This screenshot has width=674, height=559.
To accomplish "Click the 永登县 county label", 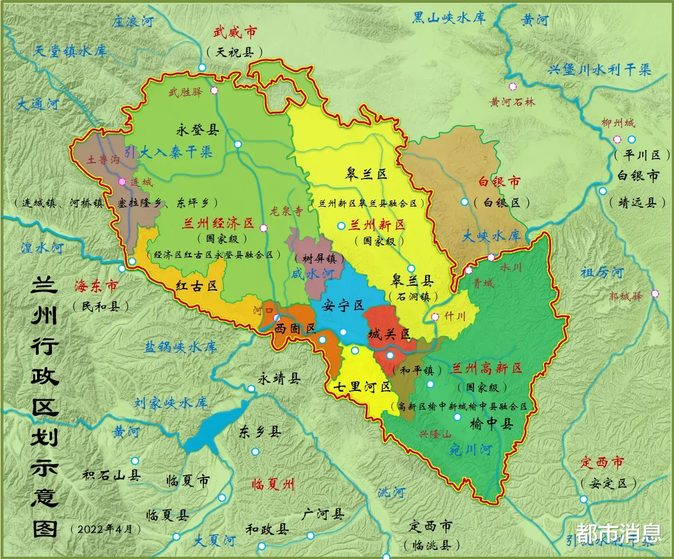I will coord(197,130).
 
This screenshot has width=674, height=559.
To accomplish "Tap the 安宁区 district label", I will coord(342,306).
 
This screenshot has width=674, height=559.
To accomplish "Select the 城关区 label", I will coord(389,334).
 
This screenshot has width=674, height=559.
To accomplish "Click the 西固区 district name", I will coord(295,329).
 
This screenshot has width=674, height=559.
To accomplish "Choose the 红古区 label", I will coord(197,286).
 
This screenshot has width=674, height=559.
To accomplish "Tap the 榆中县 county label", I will coord(491,424).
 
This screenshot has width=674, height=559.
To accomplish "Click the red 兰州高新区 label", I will coord(486,368).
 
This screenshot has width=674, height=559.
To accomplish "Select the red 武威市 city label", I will coord(234,33).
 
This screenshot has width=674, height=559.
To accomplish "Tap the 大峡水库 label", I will coord(491,236).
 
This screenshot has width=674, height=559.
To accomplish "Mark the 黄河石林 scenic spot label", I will coord(513,102).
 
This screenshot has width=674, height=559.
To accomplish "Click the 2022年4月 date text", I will coord(105,529).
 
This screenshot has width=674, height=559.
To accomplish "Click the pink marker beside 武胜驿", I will coord(214,90).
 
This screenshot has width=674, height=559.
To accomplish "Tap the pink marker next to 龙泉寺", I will coord(263,228).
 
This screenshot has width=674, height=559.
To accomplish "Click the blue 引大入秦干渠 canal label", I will coord(169,152).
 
